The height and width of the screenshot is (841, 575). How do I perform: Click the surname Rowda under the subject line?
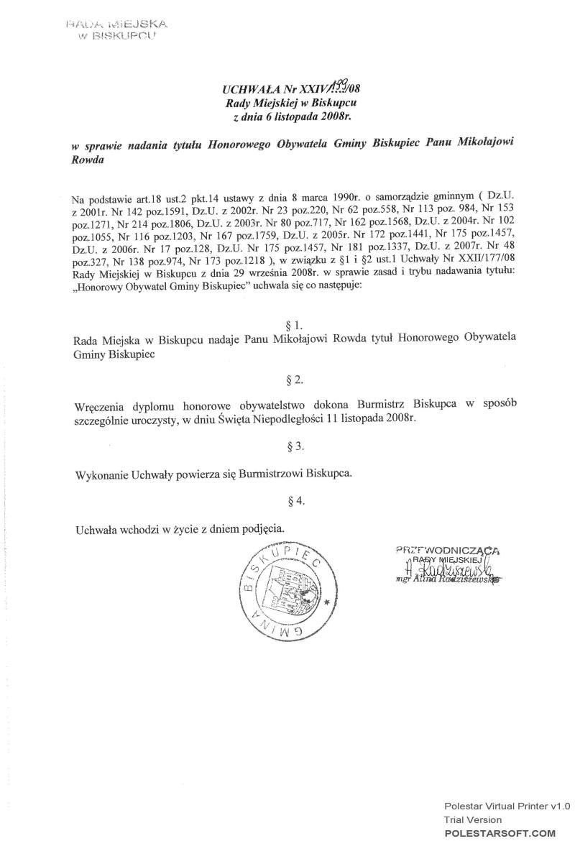[x=88, y=160]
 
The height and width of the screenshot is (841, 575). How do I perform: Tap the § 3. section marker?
[x=294, y=446]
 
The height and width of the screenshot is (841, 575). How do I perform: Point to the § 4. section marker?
[x=294, y=500]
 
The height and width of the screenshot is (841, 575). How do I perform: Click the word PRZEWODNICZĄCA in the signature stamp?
[x=447, y=551]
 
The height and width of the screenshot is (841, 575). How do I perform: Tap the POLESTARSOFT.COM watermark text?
[x=500, y=832]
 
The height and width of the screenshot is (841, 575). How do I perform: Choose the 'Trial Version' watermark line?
[x=472, y=819]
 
